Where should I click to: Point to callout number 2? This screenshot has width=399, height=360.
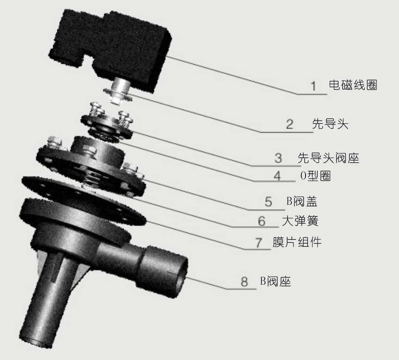(x=289, y=124)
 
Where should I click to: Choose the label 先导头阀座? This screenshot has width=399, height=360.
(x=329, y=158)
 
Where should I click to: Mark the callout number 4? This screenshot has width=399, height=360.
(x=276, y=176)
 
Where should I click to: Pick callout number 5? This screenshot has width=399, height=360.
(x=268, y=202)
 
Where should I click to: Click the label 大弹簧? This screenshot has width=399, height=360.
(x=300, y=221)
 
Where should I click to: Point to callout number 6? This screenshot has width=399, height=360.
(x=262, y=222)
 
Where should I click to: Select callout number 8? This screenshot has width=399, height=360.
(x=244, y=281)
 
